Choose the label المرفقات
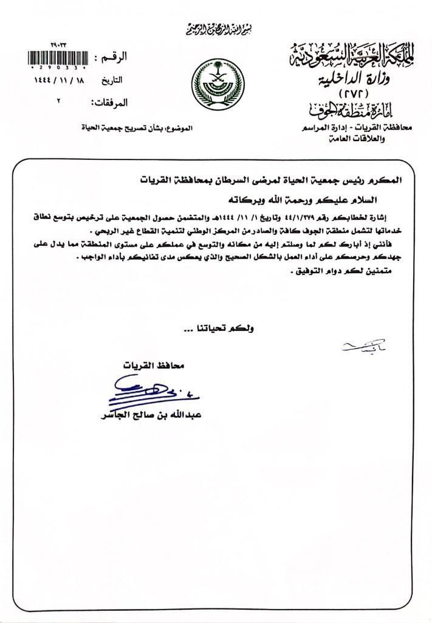[109, 102]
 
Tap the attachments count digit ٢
[58, 101]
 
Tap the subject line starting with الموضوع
[137, 128]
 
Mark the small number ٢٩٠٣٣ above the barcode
[61, 45]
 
